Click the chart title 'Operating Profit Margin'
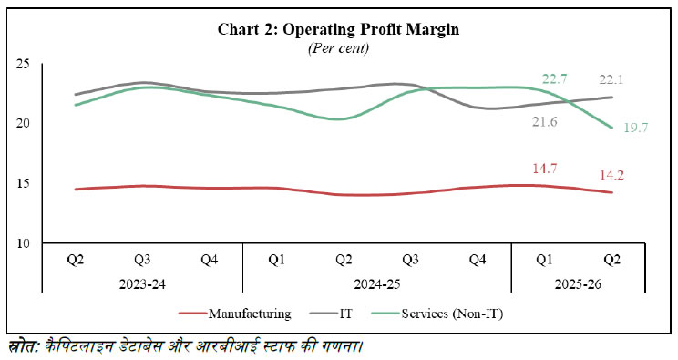[x=339, y=29]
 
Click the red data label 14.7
[x=545, y=169]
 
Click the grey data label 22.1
[x=611, y=78]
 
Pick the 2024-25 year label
[x=377, y=283]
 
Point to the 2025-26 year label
[x=578, y=283]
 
